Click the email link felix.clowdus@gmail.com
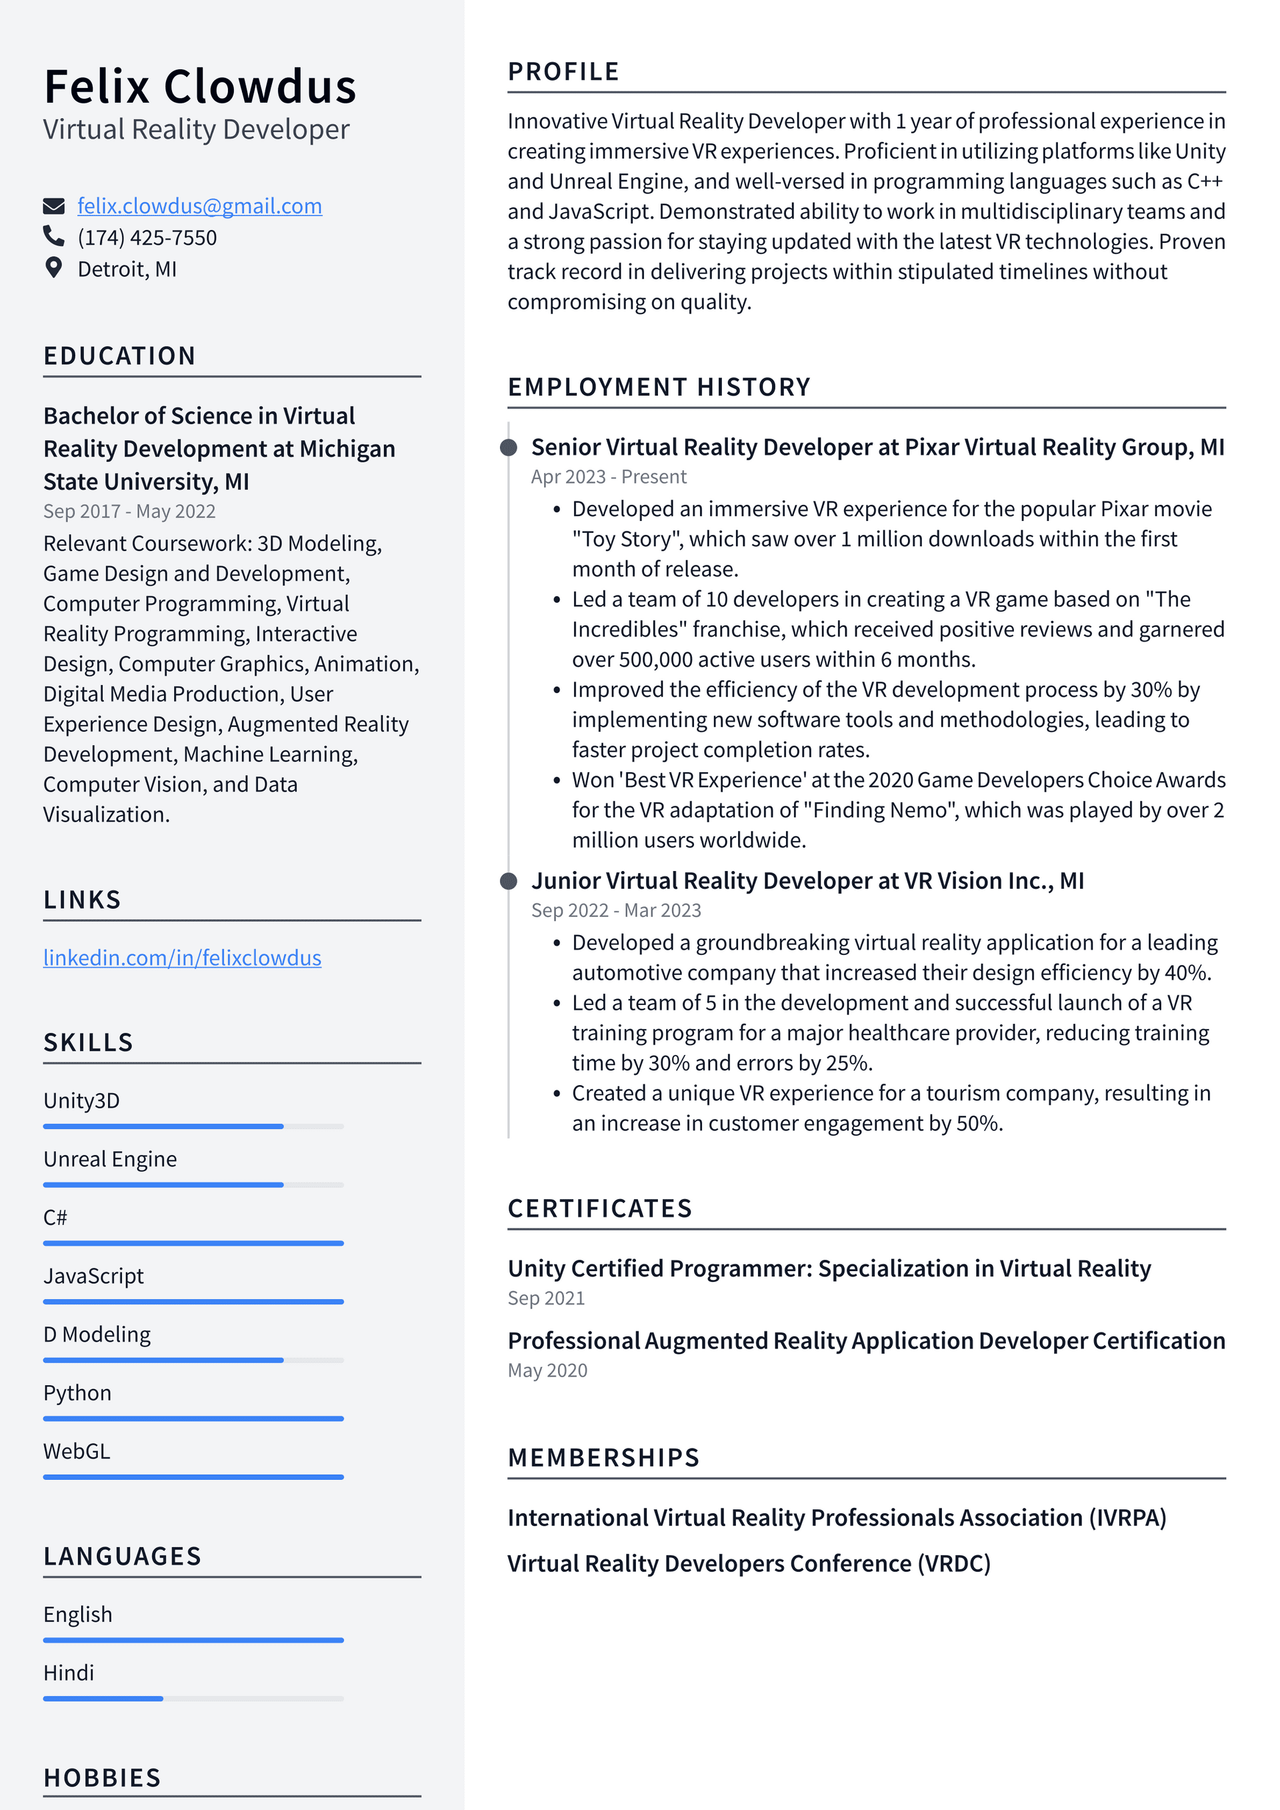pos(199,206)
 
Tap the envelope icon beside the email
pos(53,207)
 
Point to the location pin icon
pos(53,268)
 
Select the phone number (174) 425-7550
pos(147,237)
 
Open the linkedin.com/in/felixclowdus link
pos(182,958)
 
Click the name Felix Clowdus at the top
pos(199,87)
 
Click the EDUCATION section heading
pos(119,355)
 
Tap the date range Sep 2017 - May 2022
pos(129,511)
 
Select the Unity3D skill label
pos(81,1100)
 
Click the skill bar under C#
pos(193,1243)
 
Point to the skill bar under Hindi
pos(193,1699)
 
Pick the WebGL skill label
pos(77,1451)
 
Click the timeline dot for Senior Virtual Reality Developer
pos(509,447)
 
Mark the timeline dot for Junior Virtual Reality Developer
pos(509,882)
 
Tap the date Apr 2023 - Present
pos(609,477)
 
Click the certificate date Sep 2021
pos(546,1298)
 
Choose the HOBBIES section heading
pos(103,1778)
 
